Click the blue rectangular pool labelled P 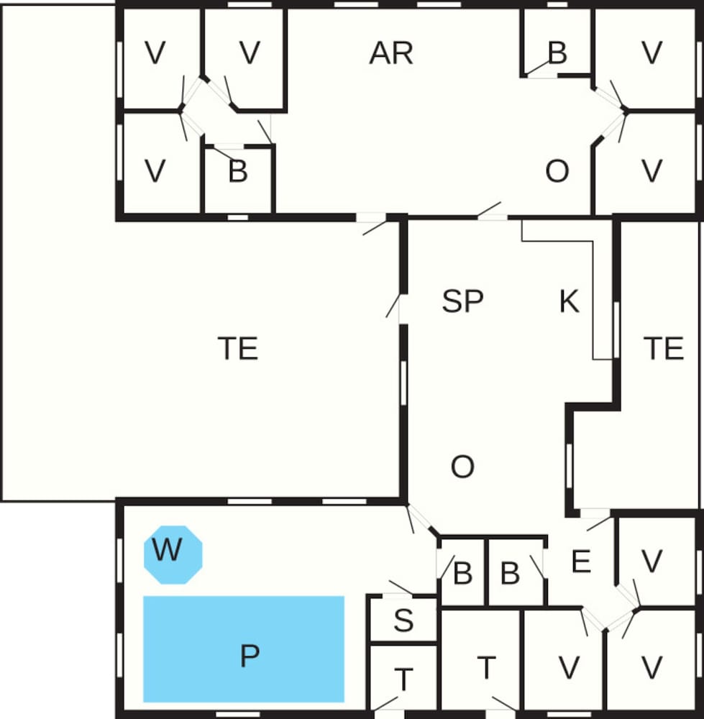(x=244, y=649)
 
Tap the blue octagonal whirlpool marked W (x=173, y=554)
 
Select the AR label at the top (x=390, y=53)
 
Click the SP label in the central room (x=462, y=301)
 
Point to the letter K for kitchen (x=569, y=301)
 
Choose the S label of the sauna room (x=403, y=620)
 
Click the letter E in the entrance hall (x=581, y=561)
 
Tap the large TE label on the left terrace (x=237, y=348)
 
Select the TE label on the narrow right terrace (x=663, y=348)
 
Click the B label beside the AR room (x=557, y=52)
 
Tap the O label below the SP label (x=462, y=467)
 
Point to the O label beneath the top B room (x=557, y=171)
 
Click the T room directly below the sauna (x=403, y=678)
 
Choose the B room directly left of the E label (x=516, y=572)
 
